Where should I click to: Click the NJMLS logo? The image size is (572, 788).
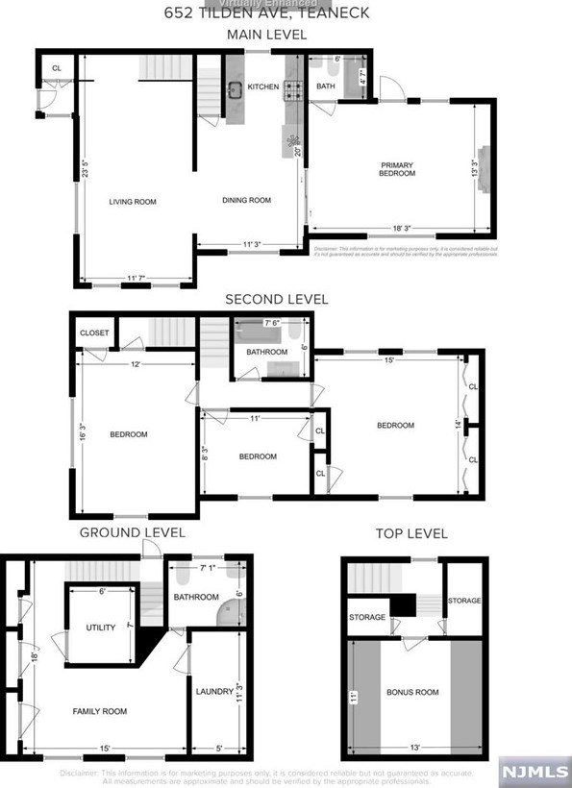click(531, 771)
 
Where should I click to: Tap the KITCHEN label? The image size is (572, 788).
click(263, 87)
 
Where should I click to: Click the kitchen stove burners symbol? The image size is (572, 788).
click(293, 90)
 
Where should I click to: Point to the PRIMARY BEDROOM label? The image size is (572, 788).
click(396, 169)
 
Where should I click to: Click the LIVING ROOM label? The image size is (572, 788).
click(133, 202)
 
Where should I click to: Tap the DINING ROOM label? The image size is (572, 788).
click(247, 201)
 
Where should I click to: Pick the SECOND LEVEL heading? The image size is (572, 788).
click(276, 300)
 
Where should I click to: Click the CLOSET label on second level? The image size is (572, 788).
click(94, 332)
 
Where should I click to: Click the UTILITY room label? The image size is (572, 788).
click(101, 628)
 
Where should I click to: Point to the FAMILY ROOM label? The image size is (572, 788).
click(100, 711)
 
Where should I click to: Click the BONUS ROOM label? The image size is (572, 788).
click(412, 692)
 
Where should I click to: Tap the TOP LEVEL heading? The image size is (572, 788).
click(410, 534)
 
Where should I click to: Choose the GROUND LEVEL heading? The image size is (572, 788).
click(133, 532)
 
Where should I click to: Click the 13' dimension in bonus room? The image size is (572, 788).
click(415, 747)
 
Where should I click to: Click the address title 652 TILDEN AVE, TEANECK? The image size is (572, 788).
click(266, 13)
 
